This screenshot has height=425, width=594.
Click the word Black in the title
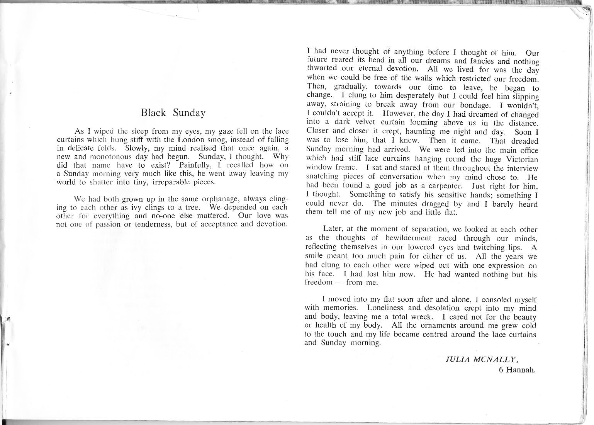(x=153, y=113)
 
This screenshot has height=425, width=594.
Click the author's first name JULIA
(x=457, y=358)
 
